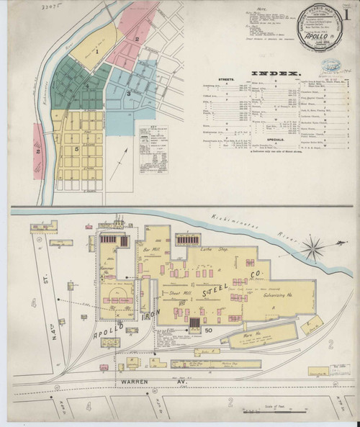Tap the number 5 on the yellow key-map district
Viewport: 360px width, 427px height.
pyautogui.click(x=77, y=148)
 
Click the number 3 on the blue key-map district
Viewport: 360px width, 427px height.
pyautogui.click(x=129, y=93)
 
